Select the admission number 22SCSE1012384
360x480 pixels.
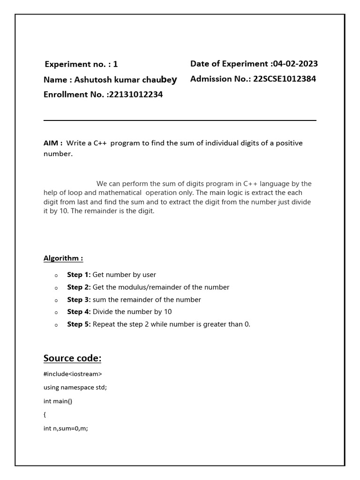click(x=285, y=79)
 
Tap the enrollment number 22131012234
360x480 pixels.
click(x=136, y=95)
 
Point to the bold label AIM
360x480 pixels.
click(x=52, y=143)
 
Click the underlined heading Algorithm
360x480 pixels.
click(x=63, y=258)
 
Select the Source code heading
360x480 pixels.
click(x=72, y=358)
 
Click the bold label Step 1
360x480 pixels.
click(x=79, y=275)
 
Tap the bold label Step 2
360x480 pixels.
click(x=79, y=287)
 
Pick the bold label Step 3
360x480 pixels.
click(x=79, y=300)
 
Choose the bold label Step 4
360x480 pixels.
click(x=79, y=312)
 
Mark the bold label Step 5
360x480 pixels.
click(x=79, y=324)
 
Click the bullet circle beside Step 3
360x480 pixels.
click(x=56, y=300)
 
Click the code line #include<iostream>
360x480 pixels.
click(x=73, y=374)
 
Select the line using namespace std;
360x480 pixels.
click(x=75, y=388)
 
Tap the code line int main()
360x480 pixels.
click(x=58, y=401)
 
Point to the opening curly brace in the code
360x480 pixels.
click(x=45, y=415)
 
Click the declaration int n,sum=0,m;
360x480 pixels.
click(x=66, y=428)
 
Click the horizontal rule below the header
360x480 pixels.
click(x=180, y=120)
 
